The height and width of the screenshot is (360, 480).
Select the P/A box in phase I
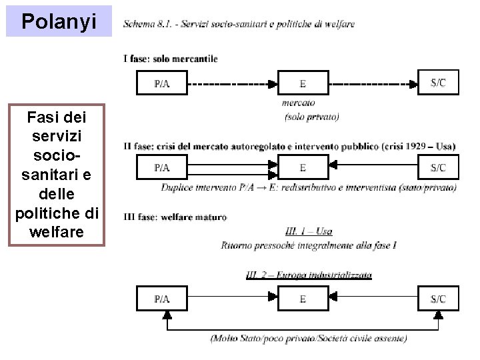(x=161, y=84)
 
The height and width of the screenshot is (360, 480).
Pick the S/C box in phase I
(x=439, y=83)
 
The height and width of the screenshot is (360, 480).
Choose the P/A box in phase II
(x=161, y=167)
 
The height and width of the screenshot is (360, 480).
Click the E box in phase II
(x=303, y=167)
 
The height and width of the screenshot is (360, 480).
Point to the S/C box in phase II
(x=439, y=167)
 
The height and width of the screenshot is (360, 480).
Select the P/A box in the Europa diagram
(x=161, y=299)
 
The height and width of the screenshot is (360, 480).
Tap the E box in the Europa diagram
(x=303, y=299)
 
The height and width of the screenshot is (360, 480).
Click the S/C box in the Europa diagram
(x=439, y=299)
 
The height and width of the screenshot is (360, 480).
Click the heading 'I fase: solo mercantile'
(x=171, y=59)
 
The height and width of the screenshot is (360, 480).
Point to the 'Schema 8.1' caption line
(x=239, y=25)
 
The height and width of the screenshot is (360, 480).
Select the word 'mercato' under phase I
(x=299, y=103)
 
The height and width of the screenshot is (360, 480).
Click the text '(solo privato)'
(x=311, y=117)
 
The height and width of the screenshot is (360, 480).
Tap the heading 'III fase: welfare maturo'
(x=175, y=217)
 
